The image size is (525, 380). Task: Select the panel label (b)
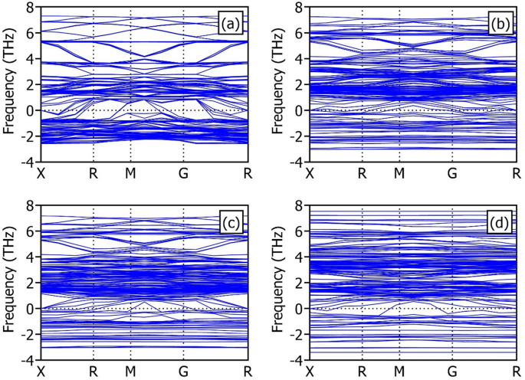(499, 24)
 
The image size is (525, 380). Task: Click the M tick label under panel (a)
(131, 174)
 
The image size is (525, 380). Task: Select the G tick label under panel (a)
(183, 174)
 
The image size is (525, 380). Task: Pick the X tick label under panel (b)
(310, 174)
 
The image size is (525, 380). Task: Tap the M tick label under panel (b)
(399, 174)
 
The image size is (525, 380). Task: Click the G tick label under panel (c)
(183, 372)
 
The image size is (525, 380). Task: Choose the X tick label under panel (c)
(41, 372)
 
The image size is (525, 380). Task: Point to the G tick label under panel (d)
(452, 372)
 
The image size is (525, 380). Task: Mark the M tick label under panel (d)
(399, 372)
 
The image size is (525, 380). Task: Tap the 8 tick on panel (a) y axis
(29, 8)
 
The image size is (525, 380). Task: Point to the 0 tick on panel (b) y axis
(298, 110)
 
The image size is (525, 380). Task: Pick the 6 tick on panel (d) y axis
(298, 231)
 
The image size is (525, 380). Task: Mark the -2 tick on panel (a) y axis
(26, 136)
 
